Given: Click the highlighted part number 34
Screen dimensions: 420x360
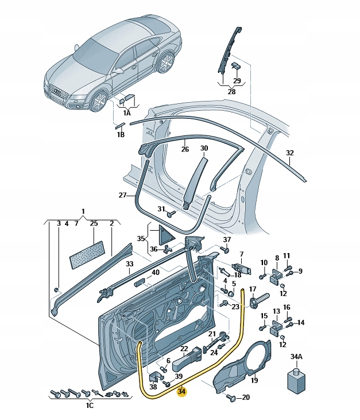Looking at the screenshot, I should [x=182, y=392].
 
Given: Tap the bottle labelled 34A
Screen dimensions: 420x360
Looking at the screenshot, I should [x=295, y=382].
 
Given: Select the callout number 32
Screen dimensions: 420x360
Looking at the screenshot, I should [x=289, y=153].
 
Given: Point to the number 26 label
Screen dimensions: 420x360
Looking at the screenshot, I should [x=184, y=150].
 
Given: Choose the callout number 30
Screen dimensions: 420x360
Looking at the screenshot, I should [x=204, y=149].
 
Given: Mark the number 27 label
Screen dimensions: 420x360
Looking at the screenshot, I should [x=123, y=196].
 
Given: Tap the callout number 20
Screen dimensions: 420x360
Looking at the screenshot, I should [x=246, y=397].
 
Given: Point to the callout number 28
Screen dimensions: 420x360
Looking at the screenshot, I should [x=231, y=91].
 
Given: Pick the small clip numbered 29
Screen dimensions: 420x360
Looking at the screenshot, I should [x=235, y=67].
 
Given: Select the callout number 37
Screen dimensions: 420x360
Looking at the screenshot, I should [x=227, y=239].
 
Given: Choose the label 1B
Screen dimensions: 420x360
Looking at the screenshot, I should [x=121, y=134].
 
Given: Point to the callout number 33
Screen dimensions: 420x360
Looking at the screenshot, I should [x=130, y=265].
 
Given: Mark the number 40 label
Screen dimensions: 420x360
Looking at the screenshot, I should [x=156, y=273].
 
